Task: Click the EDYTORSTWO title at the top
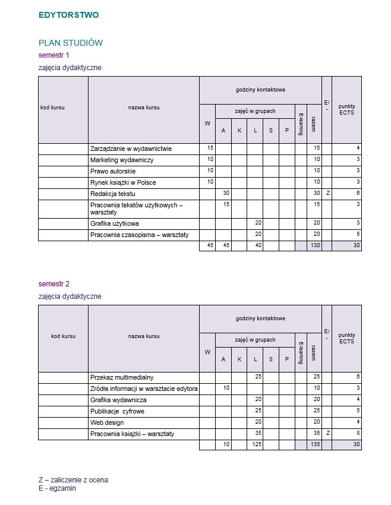pyautogui.click(x=68, y=15)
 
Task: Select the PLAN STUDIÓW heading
pyautogui.click(x=71, y=43)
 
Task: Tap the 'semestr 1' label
pyautogui.click(x=54, y=55)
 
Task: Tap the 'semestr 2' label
pyautogui.click(x=54, y=284)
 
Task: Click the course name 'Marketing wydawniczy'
pyautogui.click(x=122, y=160)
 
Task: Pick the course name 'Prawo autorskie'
pyautogui.click(x=113, y=171)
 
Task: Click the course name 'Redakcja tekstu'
pyautogui.click(x=113, y=194)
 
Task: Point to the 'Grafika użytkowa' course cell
pyautogui.click(x=115, y=223)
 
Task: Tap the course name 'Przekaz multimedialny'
pyautogui.click(x=122, y=377)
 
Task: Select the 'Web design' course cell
pyautogui.click(x=107, y=422)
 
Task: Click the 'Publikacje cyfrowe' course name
pyautogui.click(x=117, y=411)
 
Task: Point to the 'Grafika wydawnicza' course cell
pyautogui.click(x=118, y=400)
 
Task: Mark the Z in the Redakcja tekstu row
pyautogui.click(x=327, y=194)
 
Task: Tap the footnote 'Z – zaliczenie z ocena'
pyautogui.click(x=73, y=480)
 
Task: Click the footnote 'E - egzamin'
pyautogui.click(x=57, y=488)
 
